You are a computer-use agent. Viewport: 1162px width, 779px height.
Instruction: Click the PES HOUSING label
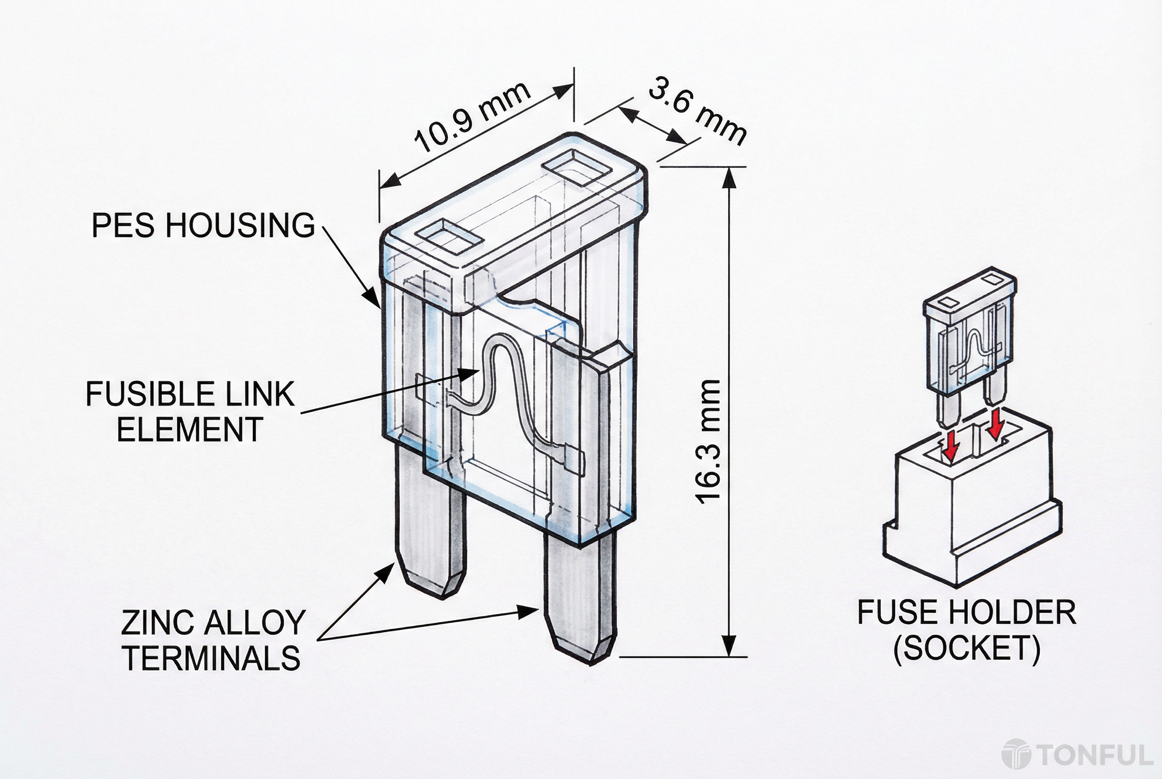(x=203, y=225)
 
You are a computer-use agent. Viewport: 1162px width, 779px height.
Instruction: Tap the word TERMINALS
(x=212, y=658)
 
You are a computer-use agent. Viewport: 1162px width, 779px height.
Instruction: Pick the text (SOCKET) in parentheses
(x=966, y=648)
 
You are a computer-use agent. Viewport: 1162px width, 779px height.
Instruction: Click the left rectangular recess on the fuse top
(x=450, y=239)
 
